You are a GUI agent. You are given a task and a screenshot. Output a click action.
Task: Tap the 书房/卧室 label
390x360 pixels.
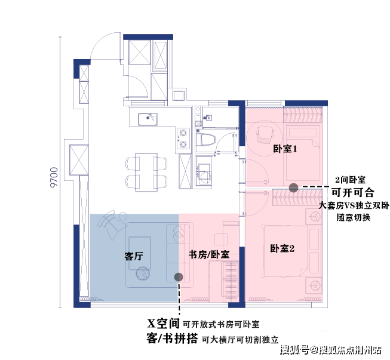[x=209, y=254]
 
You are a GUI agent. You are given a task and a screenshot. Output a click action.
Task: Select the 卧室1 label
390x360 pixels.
[x=285, y=148]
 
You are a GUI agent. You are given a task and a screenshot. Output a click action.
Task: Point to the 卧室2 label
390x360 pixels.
[x=282, y=248]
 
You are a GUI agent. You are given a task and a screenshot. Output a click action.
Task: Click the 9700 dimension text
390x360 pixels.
[x=54, y=177]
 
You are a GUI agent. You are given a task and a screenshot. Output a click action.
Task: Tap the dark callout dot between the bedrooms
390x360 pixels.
[x=293, y=187]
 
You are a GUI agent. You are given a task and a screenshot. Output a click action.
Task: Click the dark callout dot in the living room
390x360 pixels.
[x=177, y=276]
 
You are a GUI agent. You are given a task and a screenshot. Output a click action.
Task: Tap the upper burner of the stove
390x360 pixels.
[x=183, y=133]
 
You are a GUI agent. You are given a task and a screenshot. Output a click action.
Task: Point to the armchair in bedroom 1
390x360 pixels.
[x=264, y=133]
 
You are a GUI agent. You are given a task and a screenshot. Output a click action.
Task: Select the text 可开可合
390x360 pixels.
[x=353, y=192]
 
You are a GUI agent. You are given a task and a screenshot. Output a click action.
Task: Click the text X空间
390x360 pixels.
[x=163, y=324]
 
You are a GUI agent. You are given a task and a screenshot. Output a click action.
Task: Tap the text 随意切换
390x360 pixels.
[x=354, y=217]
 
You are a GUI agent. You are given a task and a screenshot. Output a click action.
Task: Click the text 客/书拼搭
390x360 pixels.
[x=172, y=339]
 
